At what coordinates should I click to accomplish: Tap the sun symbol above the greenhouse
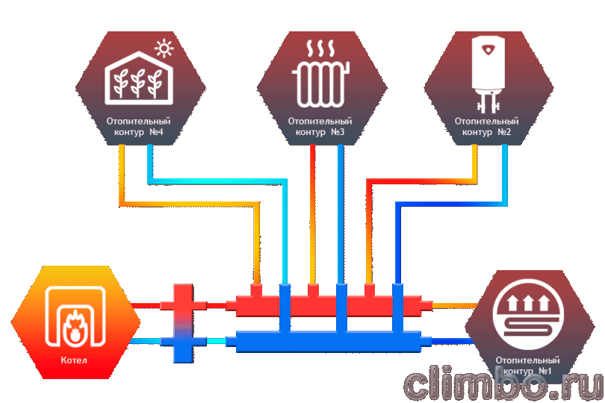[x=164, y=49]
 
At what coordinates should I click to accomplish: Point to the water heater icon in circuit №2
[x=488, y=74]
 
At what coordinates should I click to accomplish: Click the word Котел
[x=74, y=360]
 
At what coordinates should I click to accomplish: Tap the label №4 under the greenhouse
[x=156, y=132]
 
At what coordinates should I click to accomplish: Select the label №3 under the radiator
[x=338, y=132]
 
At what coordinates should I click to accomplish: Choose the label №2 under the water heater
[x=504, y=132]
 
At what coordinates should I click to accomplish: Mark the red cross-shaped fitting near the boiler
[x=183, y=304]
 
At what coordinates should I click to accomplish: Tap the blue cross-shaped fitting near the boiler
[x=183, y=343]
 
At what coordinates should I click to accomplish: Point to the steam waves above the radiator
[x=320, y=49]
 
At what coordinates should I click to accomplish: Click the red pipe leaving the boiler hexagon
[x=146, y=306]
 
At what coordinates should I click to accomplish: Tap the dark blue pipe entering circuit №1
[x=452, y=341]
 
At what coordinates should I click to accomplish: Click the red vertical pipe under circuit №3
[x=312, y=214]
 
